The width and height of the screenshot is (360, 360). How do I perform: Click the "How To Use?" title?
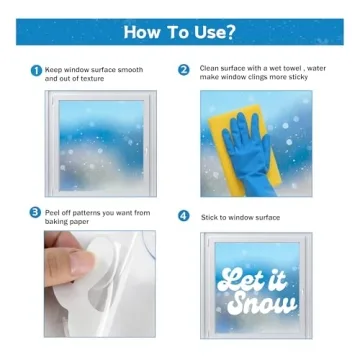point(180,31)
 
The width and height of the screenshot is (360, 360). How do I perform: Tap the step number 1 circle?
point(36,70)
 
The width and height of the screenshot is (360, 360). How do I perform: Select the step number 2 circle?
point(183,70)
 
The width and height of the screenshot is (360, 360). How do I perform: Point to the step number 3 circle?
point(36,213)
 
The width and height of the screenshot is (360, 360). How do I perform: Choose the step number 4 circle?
point(183,216)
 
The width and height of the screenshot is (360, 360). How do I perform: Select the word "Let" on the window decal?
point(241,279)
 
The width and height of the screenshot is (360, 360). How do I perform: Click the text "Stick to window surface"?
point(240,216)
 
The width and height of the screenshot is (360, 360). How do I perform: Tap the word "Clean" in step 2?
point(210,70)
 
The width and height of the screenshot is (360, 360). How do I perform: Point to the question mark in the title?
point(231,31)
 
